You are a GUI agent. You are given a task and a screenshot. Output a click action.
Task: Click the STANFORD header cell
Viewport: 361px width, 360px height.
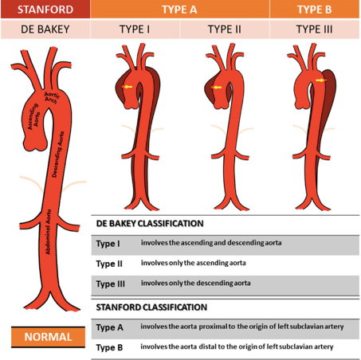[x=45, y=10]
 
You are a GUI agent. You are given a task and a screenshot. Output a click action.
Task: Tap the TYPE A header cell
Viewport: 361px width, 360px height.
[x=180, y=10]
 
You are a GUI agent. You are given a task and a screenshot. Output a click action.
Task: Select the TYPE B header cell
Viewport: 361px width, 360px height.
[x=315, y=10]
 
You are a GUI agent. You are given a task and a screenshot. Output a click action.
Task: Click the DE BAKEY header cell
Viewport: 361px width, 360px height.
[x=45, y=29]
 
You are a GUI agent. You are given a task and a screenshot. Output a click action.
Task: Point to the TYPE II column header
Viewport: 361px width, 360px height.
[x=225, y=29]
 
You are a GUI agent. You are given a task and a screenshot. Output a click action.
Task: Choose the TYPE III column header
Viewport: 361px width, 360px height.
[x=315, y=29]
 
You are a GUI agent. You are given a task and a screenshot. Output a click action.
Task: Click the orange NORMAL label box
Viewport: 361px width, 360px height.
[x=48, y=337]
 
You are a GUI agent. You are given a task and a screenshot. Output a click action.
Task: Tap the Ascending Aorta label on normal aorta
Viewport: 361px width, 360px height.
[x=33, y=117]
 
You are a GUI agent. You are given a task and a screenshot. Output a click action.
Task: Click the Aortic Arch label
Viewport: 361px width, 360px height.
[x=52, y=97]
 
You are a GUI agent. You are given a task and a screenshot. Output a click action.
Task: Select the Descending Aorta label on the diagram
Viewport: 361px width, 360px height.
[x=58, y=155]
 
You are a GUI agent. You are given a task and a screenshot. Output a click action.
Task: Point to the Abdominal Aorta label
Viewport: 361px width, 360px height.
[x=48, y=232]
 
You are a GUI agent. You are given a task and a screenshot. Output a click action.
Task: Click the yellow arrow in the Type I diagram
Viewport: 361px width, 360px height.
[x=128, y=87]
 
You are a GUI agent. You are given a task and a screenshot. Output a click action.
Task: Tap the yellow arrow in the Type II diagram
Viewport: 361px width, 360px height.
[x=218, y=87]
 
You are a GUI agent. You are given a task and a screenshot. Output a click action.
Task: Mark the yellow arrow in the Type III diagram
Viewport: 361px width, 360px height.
[x=320, y=80]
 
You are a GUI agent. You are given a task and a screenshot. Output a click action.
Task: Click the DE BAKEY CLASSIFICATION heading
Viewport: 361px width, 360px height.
[x=150, y=224]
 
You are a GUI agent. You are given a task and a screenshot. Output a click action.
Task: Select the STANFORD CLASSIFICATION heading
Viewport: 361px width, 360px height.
[x=151, y=307]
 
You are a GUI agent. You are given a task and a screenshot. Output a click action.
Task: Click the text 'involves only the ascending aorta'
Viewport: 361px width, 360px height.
[x=194, y=263]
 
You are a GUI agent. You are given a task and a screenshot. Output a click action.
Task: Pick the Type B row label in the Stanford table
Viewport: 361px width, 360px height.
[x=109, y=347]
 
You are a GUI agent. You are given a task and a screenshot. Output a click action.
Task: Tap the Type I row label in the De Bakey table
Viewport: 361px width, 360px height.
[x=108, y=244]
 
